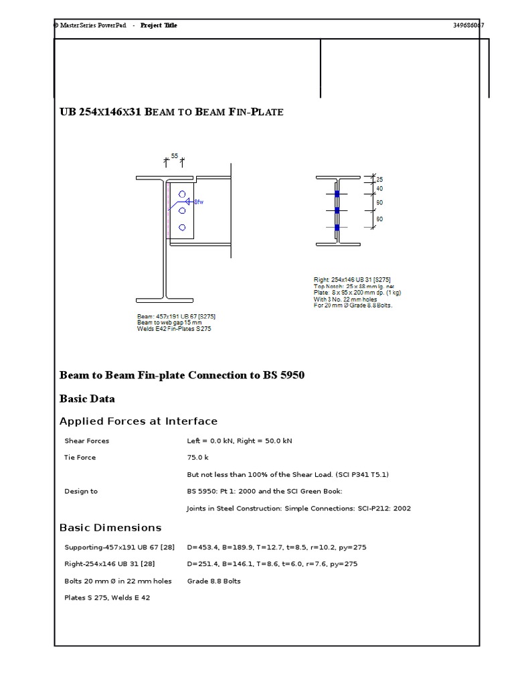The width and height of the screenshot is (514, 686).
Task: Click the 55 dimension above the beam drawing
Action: [175, 155]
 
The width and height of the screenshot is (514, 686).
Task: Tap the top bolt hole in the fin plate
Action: [182, 194]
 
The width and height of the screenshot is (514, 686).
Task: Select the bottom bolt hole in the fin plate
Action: [182, 228]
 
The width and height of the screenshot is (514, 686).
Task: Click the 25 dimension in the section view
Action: [379, 180]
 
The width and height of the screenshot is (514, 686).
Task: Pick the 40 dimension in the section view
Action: [379, 189]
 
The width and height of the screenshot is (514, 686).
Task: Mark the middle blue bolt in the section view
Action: [337, 210]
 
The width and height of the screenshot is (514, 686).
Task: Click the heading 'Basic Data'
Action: [87, 399]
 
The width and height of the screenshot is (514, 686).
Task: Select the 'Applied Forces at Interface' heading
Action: [139, 421]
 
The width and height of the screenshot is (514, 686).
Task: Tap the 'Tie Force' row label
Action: [80, 458]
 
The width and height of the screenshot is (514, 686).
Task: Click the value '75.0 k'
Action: [197, 458]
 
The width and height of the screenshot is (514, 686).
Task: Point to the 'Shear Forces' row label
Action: [86, 441]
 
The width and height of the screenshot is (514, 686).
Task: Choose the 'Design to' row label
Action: [81, 491]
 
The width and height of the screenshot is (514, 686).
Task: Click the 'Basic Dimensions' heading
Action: [110, 528]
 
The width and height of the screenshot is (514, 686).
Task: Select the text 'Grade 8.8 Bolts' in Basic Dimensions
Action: [213, 581]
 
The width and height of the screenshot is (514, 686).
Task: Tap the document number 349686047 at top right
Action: [468, 25]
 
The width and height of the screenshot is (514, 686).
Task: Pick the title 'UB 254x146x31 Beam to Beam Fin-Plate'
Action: [171, 112]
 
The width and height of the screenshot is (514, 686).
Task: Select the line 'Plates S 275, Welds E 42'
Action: [106, 598]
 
